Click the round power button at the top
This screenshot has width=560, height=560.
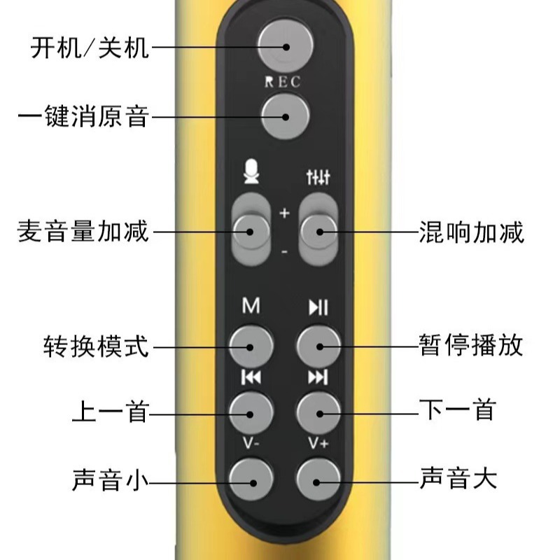click(285, 45)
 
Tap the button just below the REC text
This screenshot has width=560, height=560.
click(285, 115)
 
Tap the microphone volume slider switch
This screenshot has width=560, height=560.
click(251, 230)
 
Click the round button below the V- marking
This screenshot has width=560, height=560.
click(251, 479)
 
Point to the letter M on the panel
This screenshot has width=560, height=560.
click(251, 307)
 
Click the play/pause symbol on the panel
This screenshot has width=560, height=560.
click(318, 307)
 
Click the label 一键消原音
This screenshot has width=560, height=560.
click(83, 116)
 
